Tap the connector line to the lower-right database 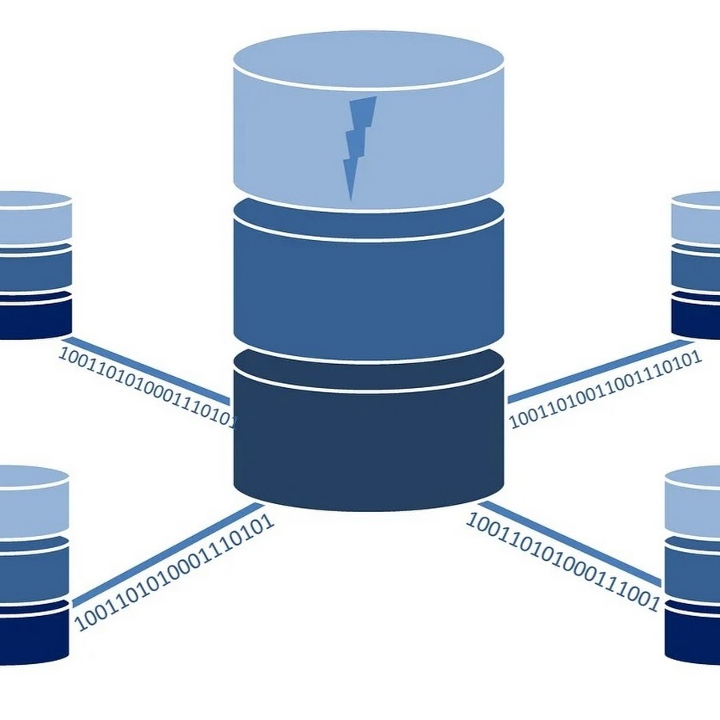(x=570, y=542)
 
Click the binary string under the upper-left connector (x=148, y=389)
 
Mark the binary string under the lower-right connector (x=563, y=562)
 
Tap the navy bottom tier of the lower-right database (x=693, y=634)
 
